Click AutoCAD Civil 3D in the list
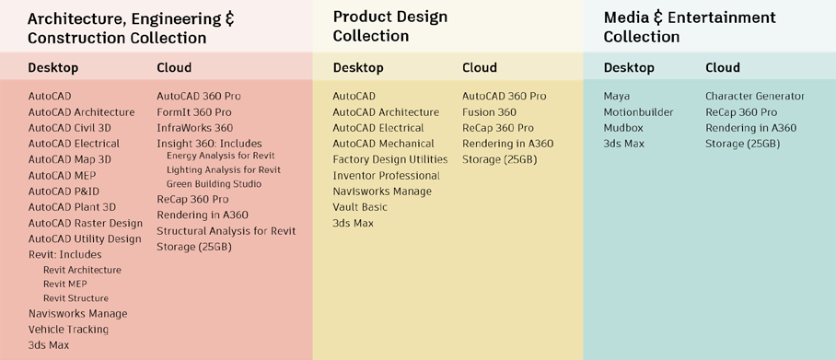click(x=69, y=128)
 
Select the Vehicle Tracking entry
click(x=68, y=330)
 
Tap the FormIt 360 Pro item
click(x=193, y=112)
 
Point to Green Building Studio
click(x=214, y=184)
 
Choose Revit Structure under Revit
click(x=75, y=298)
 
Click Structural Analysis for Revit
click(x=226, y=231)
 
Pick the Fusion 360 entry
click(x=489, y=112)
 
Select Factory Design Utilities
click(x=389, y=159)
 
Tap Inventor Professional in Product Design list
click(x=386, y=176)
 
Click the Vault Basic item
click(x=360, y=207)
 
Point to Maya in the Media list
click(x=617, y=97)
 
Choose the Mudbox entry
click(x=622, y=128)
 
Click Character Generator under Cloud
click(x=755, y=97)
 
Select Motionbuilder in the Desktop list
click(x=638, y=112)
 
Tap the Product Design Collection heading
click(x=389, y=27)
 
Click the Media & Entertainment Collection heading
click(x=689, y=27)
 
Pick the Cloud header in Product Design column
click(x=479, y=67)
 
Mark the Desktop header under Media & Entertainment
click(x=629, y=67)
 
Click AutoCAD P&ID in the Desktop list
click(x=64, y=192)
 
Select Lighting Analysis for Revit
click(x=224, y=170)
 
